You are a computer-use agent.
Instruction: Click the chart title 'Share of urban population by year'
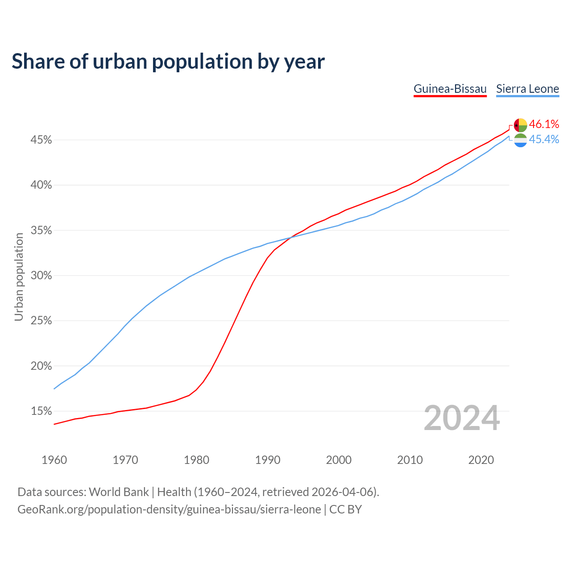point(168,61)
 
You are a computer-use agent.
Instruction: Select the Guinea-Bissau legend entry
point(450,89)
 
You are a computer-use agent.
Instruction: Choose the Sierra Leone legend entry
point(527,89)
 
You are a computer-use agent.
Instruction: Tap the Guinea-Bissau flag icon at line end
point(521,125)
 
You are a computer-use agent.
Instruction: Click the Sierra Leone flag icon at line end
point(521,140)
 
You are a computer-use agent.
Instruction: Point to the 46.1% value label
point(544,124)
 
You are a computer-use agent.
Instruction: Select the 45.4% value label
point(544,140)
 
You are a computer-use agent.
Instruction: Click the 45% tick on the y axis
point(41,140)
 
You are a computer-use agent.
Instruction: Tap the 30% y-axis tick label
point(41,276)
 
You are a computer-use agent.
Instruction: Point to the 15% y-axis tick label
point(41,411)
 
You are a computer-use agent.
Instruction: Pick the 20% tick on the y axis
point(41,366)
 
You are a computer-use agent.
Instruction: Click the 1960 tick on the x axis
point(54,460)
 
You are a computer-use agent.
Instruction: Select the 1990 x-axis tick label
point(268,460)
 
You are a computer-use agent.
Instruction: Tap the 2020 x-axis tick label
point(481,460)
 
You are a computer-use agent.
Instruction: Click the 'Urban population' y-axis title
point(19,277)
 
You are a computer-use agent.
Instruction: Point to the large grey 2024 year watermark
point(462,418)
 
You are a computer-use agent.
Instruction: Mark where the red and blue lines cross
point(290,237)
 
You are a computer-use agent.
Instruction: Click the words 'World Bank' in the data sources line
point(119,492)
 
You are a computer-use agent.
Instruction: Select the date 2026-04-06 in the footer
point(342,492)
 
